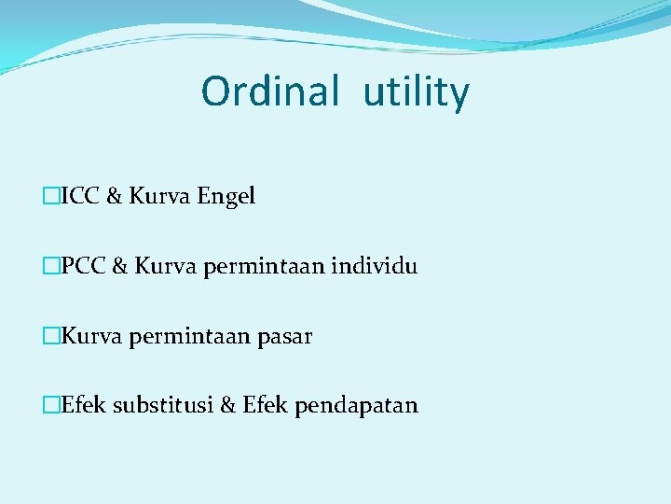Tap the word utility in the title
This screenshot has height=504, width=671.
click(416, 94)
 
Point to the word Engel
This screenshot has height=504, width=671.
click(226, 197)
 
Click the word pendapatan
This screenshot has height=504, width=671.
click(357, 406)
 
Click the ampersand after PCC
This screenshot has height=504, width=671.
click(120, 266)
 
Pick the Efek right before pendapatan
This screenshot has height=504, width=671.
click(265, 405)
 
